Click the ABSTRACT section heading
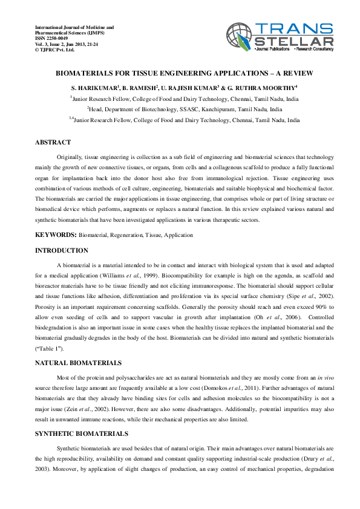click(53, 143)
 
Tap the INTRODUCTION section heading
click(61, 250)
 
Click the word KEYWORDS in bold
click(56, 235)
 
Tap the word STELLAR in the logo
click(295, 41)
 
